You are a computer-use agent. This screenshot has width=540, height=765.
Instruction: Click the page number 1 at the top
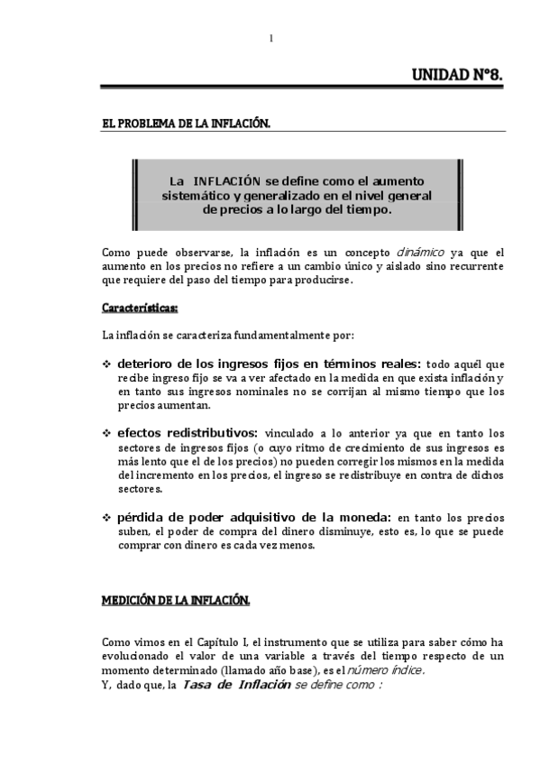pyautogui.click(x=270, y=38)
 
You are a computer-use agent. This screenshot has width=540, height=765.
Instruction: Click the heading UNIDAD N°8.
pyautogui.click(x=455, y=76)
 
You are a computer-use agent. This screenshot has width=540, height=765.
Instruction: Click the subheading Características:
pyautogui.click(x=140, y=309)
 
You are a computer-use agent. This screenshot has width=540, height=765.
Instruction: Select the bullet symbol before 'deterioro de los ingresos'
pyautogui.click(x=106, y=364)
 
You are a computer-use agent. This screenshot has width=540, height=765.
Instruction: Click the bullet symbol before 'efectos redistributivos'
pyautogui.click(x=106, y=433)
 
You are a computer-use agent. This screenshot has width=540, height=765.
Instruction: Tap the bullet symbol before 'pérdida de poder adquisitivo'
pyautogui.click(x=106, y=518)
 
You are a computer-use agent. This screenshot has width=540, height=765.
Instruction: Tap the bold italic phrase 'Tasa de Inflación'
pyautogui.click(x=236, y=686)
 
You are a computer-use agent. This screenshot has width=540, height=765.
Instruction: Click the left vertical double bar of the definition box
pyautogui.click(x=134, y=195)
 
